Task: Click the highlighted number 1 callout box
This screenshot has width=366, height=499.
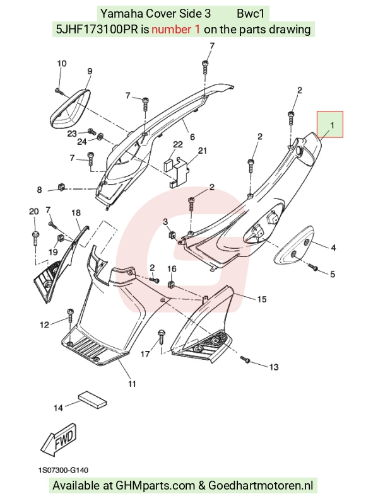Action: click(x=329, y=124)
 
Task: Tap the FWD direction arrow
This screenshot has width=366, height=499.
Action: click(x=59, y=440)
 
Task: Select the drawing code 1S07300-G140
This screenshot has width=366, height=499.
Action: click(x=64, y=470)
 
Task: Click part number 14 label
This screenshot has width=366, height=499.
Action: click(x=58, y=408)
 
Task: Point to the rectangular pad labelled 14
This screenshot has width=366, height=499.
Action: click(x=92, y=400)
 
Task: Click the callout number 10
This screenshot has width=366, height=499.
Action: click(x=62, y=64)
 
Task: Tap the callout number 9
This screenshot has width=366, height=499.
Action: click(x=90, y=71)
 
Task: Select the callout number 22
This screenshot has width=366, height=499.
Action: click(x=177, y=145)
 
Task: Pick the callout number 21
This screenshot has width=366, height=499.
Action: click(x=203, y=151)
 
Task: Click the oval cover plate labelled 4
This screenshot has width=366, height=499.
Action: click(x=293, y=246)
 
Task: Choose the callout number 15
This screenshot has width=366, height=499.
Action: click(x=262, y=299)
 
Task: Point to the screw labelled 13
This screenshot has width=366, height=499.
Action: click(x=246, y=360)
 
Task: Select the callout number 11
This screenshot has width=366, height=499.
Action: click(x=132, y=384)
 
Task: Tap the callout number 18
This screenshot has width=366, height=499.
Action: click(x=76, y=212)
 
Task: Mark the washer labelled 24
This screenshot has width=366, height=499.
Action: click(x=100, y=137)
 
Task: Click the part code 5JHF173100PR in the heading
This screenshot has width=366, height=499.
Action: click(x=97, y=30)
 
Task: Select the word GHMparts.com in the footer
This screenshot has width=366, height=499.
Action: click(x=155, y=486)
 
